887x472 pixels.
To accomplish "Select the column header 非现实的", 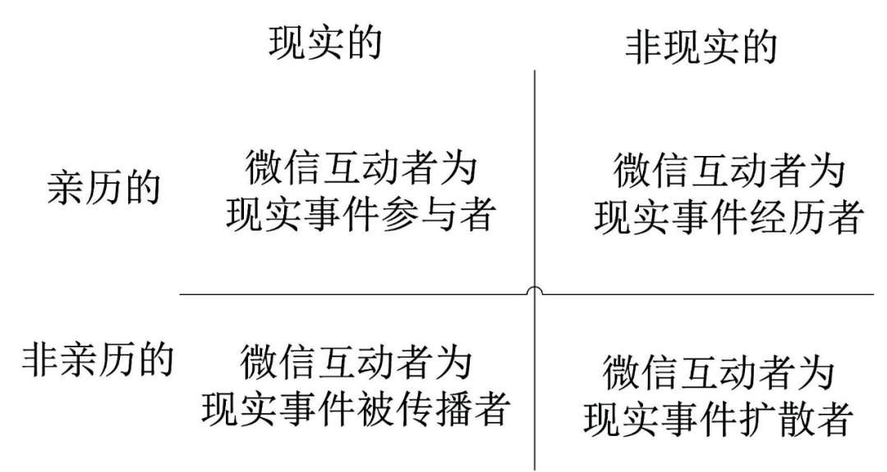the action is [x=701, y=48].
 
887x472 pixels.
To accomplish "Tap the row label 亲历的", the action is [x=103, y=189].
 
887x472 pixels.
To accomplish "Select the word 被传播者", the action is [x=448, y=409].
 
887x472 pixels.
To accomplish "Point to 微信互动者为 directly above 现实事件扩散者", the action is [x=718, y=373].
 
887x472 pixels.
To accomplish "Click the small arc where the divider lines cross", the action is [x=535, y=291].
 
